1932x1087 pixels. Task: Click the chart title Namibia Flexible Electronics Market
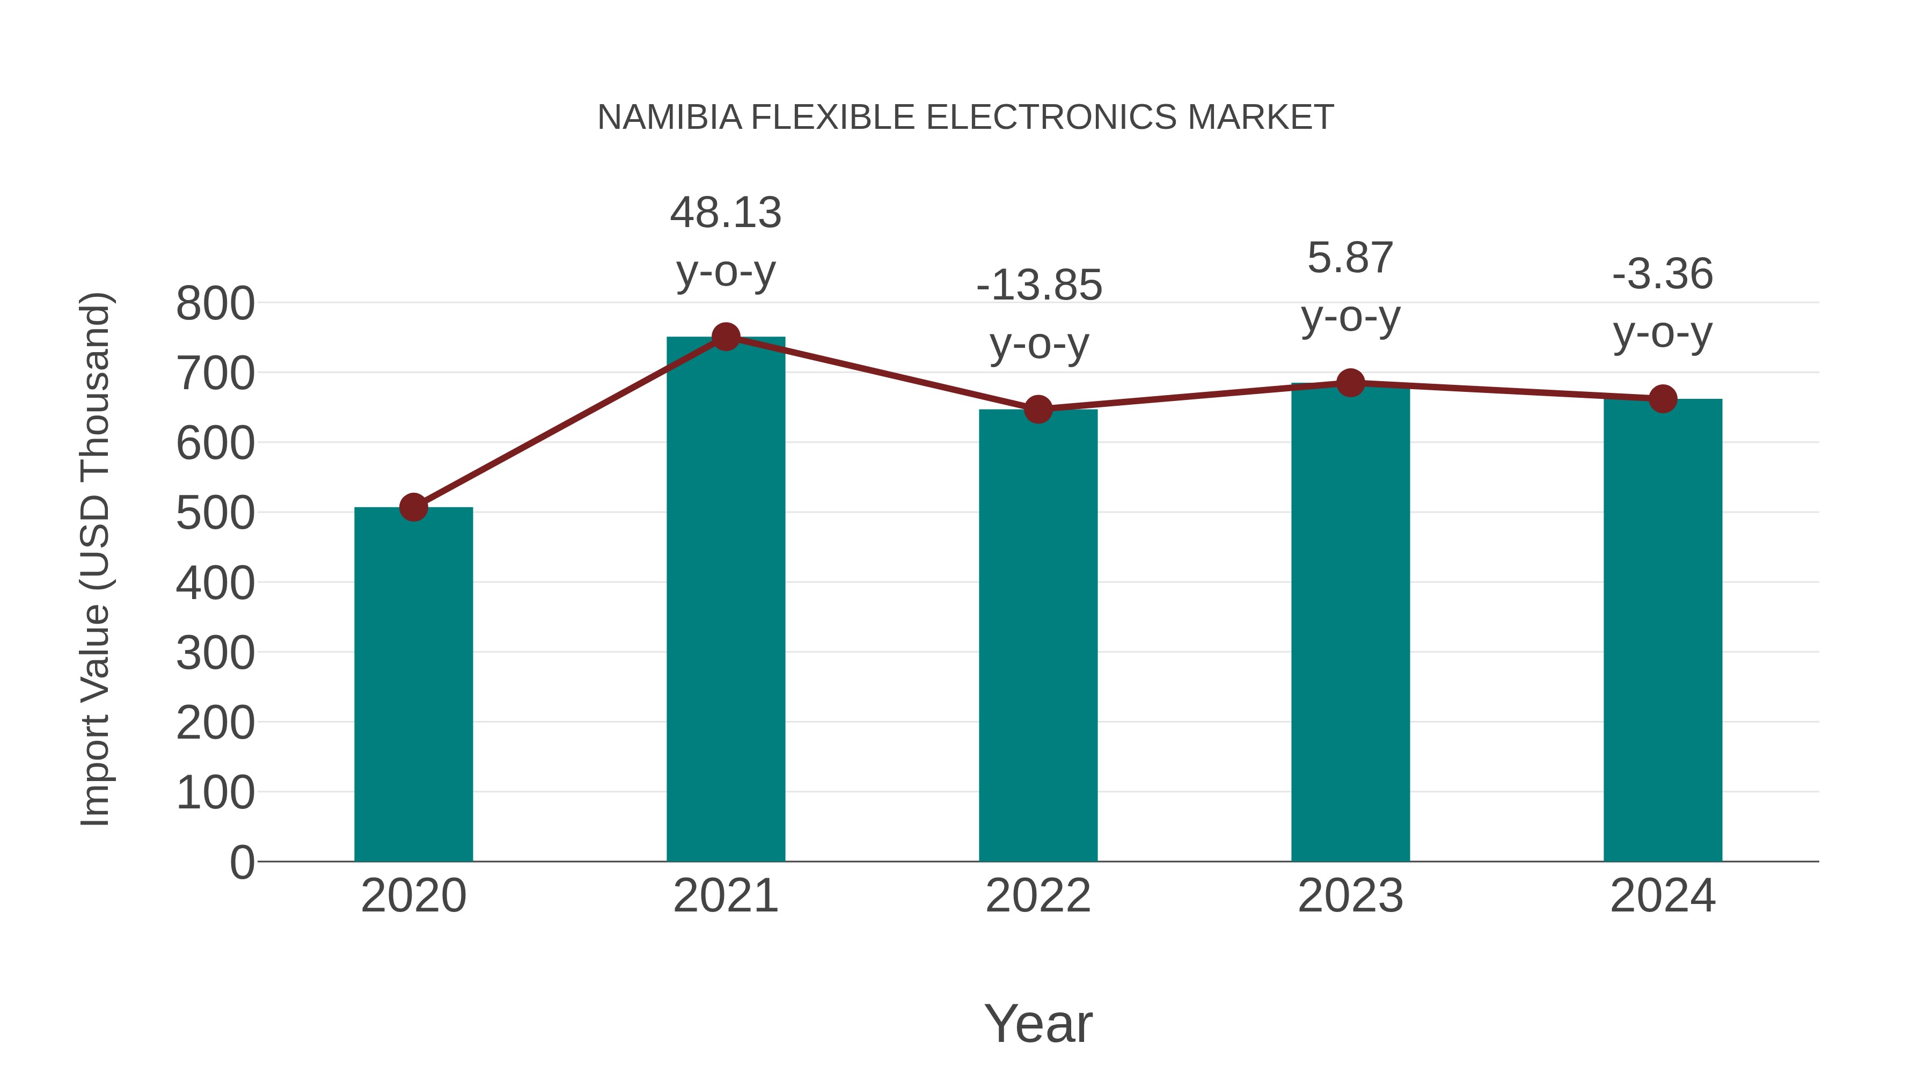(965, 117)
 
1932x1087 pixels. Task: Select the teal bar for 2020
(413, 684)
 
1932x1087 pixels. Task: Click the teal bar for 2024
(1663, 630)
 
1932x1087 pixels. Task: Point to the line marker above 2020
(413, 507)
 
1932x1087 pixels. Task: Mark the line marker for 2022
(1038, 409)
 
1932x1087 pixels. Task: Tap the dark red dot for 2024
(1663, 398)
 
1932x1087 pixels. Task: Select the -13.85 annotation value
(1039, 285)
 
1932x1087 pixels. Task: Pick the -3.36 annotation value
(1663, 274)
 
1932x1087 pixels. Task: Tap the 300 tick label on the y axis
(215, 653)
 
